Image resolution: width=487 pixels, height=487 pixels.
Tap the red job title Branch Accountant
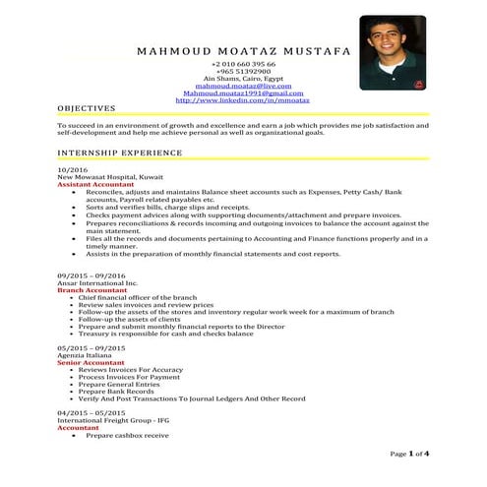click(x=91, y=291)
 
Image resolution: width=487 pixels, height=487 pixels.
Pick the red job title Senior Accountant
click(x=90, y=362)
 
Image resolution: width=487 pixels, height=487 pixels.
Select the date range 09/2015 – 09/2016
click(x=91, y=276)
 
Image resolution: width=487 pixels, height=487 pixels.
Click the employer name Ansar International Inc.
click(x=92, y=284)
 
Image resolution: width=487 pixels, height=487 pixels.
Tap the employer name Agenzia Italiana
click(x=87, y=355)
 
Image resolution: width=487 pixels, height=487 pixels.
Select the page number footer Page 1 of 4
click(x=409, y=455)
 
